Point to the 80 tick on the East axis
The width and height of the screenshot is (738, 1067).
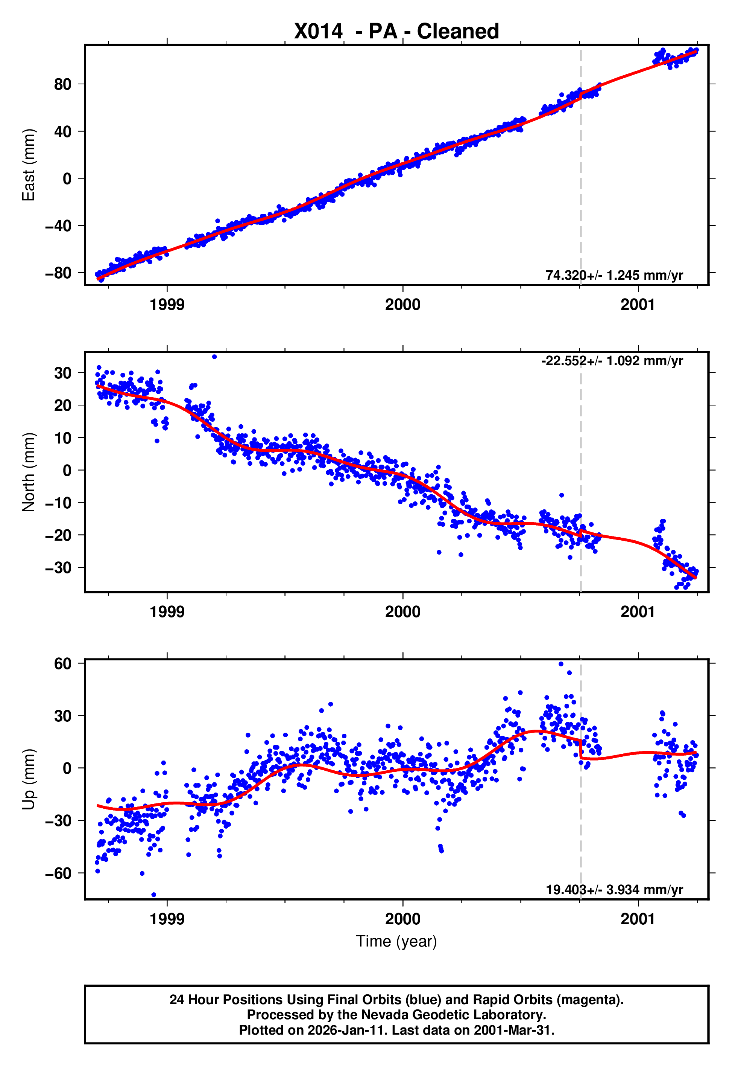tap(62, 84)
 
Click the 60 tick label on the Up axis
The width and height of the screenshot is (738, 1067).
tap(62, 663)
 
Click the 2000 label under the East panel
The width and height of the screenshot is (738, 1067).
tap(403, 305)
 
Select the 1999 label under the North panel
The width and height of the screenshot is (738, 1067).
tap(167, 612)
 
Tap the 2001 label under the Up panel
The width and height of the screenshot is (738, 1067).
tap(638, 919)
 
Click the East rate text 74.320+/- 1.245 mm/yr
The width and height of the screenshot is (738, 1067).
tap(614, 275)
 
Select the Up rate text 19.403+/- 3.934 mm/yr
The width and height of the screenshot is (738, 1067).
tap(614, 890)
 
